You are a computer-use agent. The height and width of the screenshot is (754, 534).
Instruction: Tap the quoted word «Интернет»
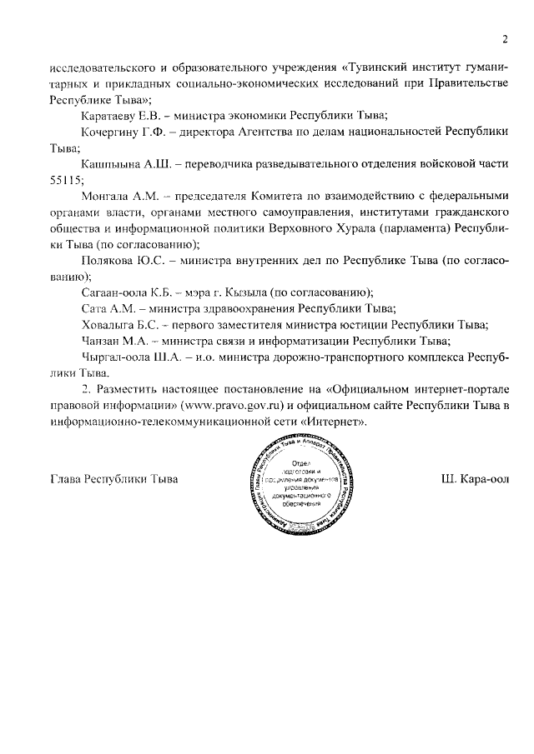[335, 422]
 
